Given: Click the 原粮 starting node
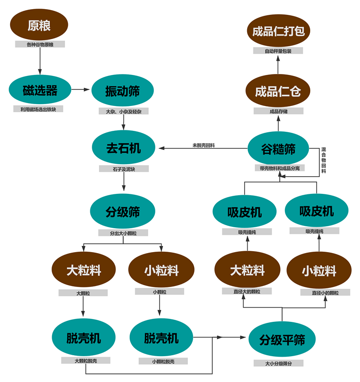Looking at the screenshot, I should [39, 25].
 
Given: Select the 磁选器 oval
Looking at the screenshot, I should [40, 90].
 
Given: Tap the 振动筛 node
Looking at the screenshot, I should [122, 91].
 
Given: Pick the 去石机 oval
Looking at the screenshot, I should [123, 148].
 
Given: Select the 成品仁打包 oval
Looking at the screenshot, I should [278, 31].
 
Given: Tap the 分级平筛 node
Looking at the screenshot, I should [282, 340].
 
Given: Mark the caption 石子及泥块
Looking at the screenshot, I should [124, 169].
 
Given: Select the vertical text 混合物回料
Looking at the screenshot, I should [324, 160].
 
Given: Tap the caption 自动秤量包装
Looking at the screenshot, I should [278, 51].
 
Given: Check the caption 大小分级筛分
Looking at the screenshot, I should [282, 363].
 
